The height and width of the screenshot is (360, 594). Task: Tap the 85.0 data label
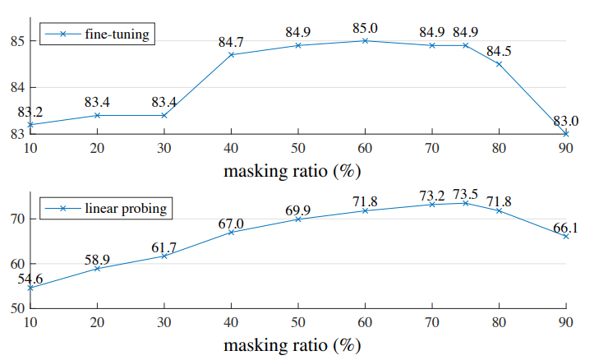[x=365, y=29]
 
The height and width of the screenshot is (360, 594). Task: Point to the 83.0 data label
[x=566, y=121]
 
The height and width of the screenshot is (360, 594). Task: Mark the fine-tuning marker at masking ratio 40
[x=232, y=54]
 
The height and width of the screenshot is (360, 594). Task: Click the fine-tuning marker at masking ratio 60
[x=366, y=40]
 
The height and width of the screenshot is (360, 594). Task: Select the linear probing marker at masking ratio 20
[x=98, y=269]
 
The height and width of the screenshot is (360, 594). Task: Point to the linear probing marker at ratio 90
[x=566, y=236]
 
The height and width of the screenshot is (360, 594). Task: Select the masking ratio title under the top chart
[x=299, y=171]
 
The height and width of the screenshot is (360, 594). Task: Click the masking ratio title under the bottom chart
[x=299, y=345]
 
